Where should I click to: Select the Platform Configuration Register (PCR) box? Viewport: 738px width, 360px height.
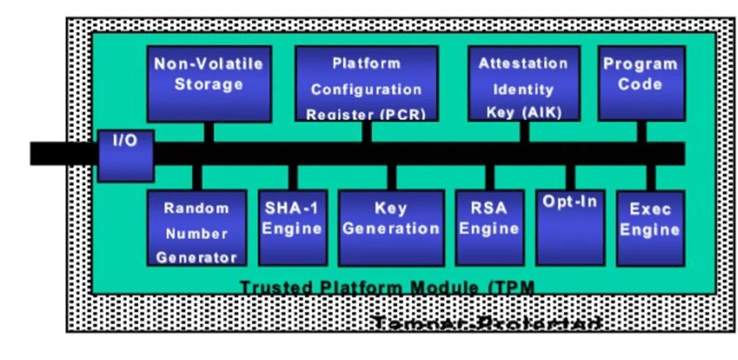pyautogui.click(x=366, y=84)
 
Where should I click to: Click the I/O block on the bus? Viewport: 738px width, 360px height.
pyautogui.click(x=126, y=156)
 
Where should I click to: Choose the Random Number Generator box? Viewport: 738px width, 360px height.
pyautogui.click(x=196, y=228)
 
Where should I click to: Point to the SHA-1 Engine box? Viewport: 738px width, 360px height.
pyautogui.click(x=292, y=228)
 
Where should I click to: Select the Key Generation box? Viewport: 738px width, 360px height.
pyautogui.click(x=391, y=228)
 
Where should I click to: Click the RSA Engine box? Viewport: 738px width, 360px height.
pyautogui.click(x=489, y=228)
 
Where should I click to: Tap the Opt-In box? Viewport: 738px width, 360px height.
pyautogui.click(x=570, y=228)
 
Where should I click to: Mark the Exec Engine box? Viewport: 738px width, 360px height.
pyautogui.click(x=650, y=228)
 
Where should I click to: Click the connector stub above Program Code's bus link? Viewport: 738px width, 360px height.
pyautogui.click(x=641, y=131)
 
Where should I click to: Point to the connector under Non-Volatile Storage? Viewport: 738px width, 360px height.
pyautogui.click(x=208, y=132)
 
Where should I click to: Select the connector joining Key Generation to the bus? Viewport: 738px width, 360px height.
pyautogui.click(x=391, y=178)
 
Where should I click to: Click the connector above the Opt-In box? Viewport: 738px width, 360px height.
pyautogui.click(x=570, y=177)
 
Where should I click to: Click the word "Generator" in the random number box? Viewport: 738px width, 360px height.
pyautogui.click(x=196, y=258)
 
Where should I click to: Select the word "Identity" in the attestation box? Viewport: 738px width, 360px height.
pyautogui.click(x=523, y=89)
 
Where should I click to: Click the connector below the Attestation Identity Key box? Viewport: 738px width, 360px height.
pyautogui.click(x=524, y=131)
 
